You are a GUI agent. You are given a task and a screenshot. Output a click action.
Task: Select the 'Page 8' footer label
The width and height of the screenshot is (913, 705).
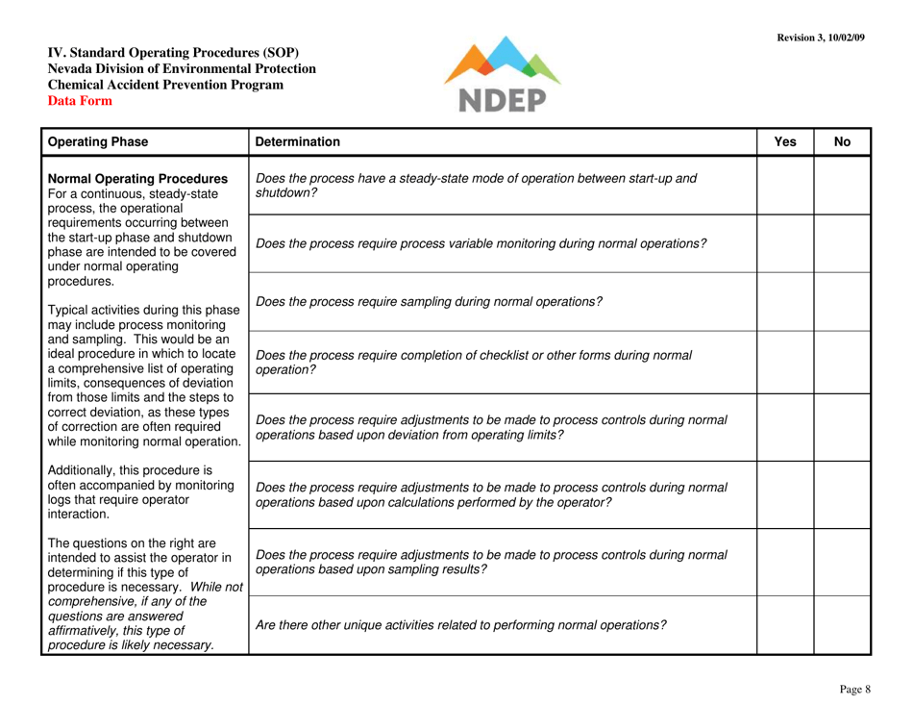pos(853,689)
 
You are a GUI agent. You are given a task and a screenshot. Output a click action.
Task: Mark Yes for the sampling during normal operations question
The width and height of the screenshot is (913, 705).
pos(786,303)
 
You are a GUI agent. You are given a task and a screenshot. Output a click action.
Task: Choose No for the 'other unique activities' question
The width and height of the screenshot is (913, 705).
pos(843,624)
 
